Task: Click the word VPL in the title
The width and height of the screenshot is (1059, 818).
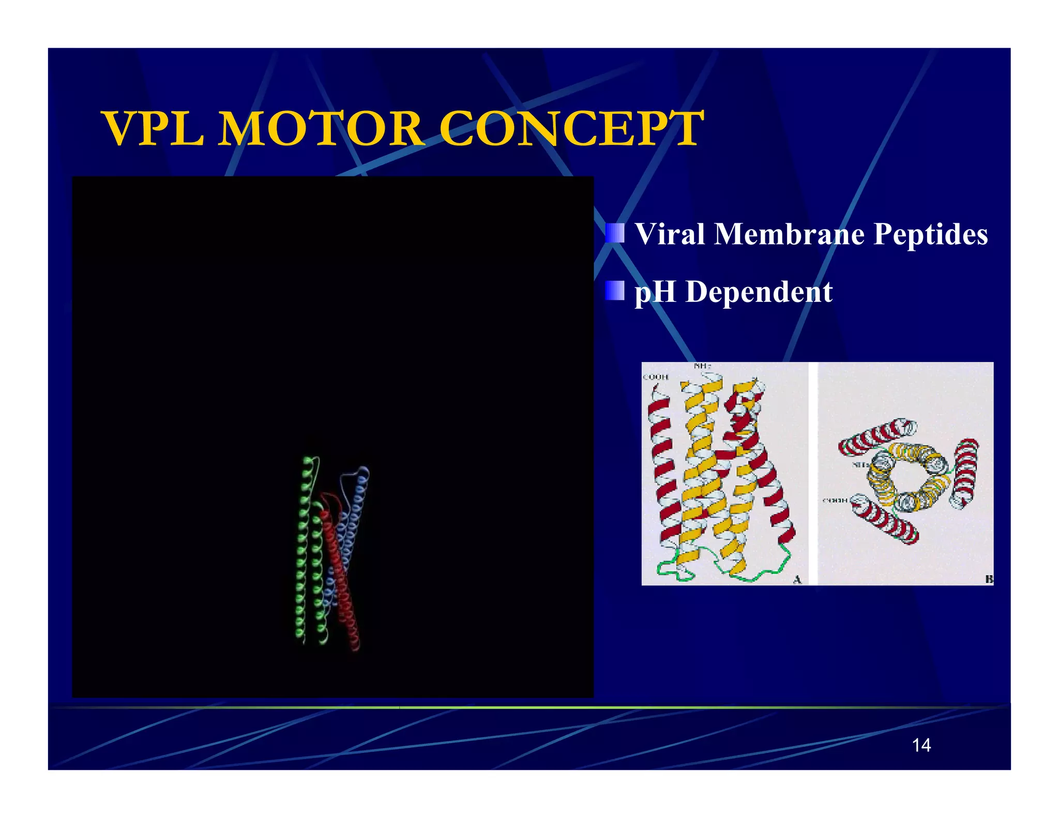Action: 154,129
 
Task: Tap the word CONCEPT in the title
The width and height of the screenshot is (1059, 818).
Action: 571,129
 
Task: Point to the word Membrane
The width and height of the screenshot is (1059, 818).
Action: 789,234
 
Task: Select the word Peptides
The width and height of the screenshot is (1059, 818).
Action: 931,234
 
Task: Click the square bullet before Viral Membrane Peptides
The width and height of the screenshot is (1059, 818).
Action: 615,233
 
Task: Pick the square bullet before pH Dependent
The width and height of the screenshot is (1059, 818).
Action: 615,291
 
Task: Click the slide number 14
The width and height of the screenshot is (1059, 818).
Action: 921,745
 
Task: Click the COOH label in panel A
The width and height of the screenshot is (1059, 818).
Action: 656,377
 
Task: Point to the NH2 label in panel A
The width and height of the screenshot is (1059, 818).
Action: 702,366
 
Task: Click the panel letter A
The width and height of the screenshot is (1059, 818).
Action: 797,580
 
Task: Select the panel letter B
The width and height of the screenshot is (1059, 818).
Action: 988,579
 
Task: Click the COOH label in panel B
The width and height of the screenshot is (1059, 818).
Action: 835,500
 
